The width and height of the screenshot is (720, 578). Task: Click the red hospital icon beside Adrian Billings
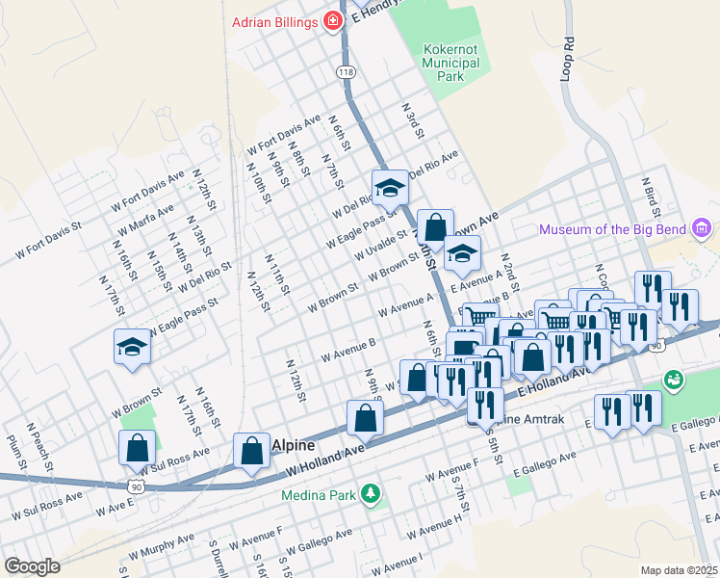pyautogui.click(x=333, y=20)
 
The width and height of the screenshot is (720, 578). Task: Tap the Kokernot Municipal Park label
pyautogui.click(x=450, y=62)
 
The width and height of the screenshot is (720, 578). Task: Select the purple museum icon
pyautogui.click(x=702, y=228)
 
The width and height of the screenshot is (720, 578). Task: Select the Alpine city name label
pyautogui.click(x=292, y=445)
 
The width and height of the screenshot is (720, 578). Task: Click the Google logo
pyautogui.click(x=31, y=565)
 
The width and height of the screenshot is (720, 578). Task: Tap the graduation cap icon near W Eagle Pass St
pyautogui.click(x=132, y=346)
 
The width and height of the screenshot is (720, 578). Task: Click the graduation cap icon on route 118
pyautogui.click(x=390, y=187)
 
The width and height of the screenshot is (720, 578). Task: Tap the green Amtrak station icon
pyautogui.click(x=673, y=379)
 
